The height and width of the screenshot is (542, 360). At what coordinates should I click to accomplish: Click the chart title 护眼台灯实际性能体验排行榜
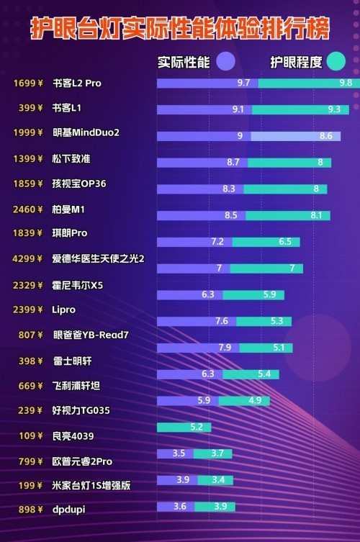(180, 28)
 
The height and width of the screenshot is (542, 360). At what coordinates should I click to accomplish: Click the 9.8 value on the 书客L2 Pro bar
(346, 83)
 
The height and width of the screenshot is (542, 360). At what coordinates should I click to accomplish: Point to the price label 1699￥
(27, 83)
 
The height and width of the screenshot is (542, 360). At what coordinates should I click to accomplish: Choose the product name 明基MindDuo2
(86, 133)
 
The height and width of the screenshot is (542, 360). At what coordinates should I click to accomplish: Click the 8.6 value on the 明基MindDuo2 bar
(325, 136)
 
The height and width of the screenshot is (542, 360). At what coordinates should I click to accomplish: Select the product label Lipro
(64, 310)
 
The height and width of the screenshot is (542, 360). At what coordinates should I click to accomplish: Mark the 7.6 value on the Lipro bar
(222, 321)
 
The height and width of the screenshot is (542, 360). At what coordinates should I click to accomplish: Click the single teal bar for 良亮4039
(184, 427)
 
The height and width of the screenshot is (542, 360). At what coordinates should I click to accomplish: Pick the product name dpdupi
(69, 510)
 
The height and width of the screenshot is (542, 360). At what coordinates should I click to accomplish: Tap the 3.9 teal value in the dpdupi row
(220, 506)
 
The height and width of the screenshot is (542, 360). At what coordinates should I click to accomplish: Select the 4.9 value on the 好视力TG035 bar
(254, 400)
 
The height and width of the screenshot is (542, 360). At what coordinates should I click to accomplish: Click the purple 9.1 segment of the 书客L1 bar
(205, 109)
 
